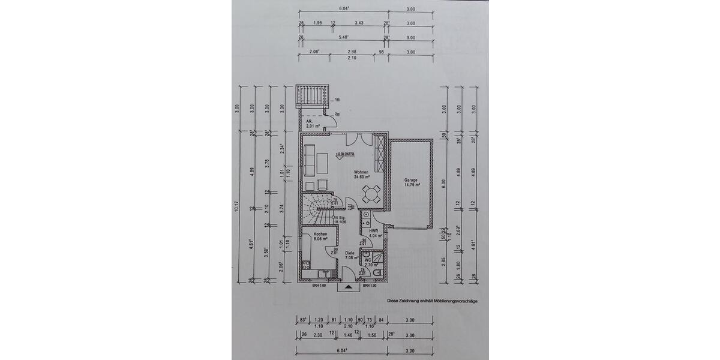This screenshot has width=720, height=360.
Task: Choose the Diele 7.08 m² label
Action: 350,255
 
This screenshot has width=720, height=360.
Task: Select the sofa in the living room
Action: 310,160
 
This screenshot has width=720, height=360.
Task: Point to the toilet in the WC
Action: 377,274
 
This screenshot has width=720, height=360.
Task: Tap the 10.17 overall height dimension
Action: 238,209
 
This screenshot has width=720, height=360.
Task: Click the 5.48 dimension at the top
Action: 343,38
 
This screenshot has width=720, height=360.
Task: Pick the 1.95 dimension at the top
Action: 318,23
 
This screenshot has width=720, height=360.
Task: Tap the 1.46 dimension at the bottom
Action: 349,335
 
